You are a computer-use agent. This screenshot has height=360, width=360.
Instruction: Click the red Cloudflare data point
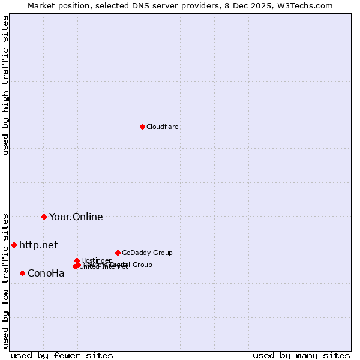tap(142, 127)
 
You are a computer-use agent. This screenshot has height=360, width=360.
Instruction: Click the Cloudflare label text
tap(162, 127)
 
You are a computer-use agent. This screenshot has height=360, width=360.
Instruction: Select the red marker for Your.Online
tap(44, 217)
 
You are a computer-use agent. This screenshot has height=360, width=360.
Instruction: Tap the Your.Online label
tap(76, 217)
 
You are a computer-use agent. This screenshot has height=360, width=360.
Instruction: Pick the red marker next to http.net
tap(14, 245)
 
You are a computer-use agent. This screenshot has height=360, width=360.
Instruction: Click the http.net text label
tap(38, 245)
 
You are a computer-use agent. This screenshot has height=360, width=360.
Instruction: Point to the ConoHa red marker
tap(22, 273)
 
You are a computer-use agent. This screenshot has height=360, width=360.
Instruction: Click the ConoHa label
tap(46, 274)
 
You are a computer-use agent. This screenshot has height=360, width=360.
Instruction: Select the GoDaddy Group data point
tap(118, 253)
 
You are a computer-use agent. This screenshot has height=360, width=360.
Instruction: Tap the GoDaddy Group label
tap(146, 253)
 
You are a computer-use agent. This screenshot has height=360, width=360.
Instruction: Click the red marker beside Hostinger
tap(77, 260)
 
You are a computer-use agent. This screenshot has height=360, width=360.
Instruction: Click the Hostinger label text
tap(96, 260)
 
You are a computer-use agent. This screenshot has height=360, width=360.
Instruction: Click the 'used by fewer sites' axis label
tap(62, 355)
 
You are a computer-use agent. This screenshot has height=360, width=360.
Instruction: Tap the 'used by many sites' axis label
tap(301, 355)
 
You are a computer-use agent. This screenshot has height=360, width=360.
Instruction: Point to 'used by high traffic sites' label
tap(5, 85)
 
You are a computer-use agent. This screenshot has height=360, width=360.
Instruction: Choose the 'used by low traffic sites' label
tap(5, 280)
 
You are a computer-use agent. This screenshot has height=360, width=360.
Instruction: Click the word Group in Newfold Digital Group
tap(142, 265)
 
